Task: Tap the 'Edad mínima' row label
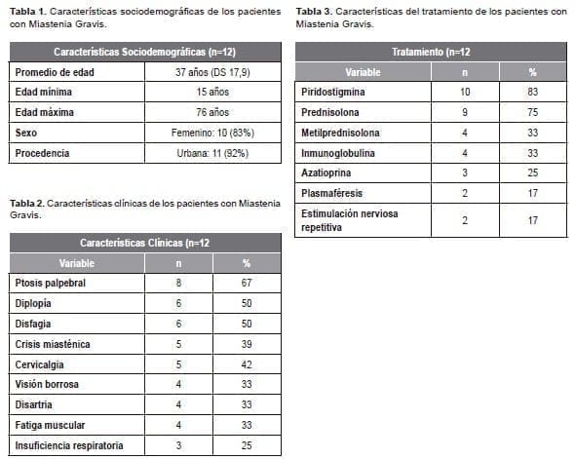(44, 91)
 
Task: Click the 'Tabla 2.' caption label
(26, 202)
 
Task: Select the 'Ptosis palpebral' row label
(51, 283)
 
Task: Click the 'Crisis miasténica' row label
(54, 344)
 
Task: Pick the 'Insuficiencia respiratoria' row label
(68, 445)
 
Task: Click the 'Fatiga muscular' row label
(51, 425)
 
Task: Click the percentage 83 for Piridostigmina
(532, 92)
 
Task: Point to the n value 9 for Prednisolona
(464, 112)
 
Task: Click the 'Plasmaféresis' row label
(333, 193)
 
